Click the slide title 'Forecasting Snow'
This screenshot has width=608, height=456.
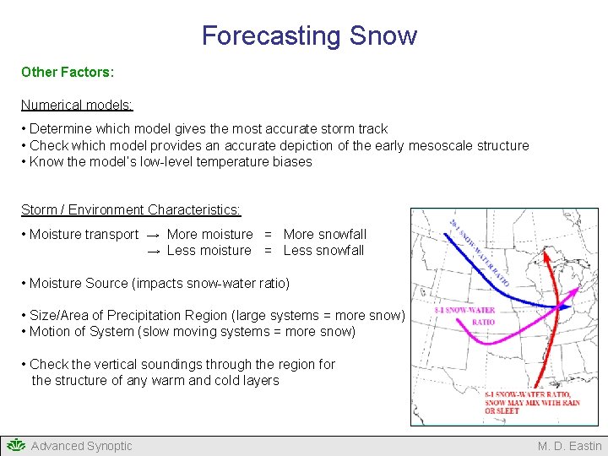pyautogui.click(x=309, y=35)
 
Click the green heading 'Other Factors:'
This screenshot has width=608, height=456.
pyautogui.click(x=67, y=73)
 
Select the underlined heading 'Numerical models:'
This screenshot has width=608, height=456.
pyautogui.click(x=77, y=106)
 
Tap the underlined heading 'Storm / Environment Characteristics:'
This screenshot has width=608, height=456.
pyautogui.click(x=131, y=209)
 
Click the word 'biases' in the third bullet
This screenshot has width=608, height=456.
pyautogui.click(x=291, y=162)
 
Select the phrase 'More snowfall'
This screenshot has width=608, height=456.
pyautogui.click(x=325, y=234)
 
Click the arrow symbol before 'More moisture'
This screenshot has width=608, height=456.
pyautogui.click(x=154, y=235)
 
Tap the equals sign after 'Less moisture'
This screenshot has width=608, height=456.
pyautogui.click(x=268, y=251)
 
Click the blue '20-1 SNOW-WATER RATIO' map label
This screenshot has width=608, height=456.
pyautogui.click(x=478, y=249)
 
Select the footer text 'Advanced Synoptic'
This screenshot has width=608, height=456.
pyautogui.click(x=81, y=446)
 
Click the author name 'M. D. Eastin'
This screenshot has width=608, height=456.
pyautogui.click(x=569, y=446)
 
